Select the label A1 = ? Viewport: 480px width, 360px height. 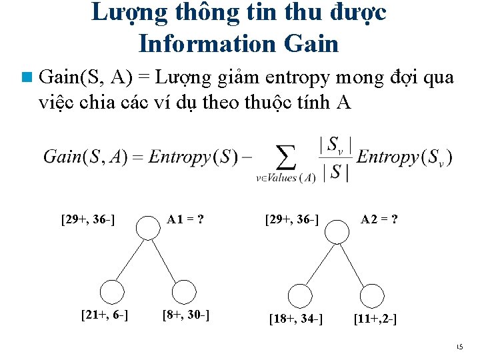point(185,219)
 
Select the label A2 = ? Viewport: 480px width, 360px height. point(380,219)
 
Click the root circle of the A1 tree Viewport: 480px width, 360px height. point(147,229)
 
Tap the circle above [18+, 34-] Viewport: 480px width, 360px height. point(301,295)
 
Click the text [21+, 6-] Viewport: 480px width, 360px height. point(105,314)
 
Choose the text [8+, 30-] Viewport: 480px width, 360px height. point(186,314)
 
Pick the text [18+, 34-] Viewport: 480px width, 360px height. point(296,319)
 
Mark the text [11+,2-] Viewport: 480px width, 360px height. point(375,319)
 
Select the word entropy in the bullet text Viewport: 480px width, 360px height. point(297,78)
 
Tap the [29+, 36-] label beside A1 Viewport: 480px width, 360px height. point(89,219)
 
